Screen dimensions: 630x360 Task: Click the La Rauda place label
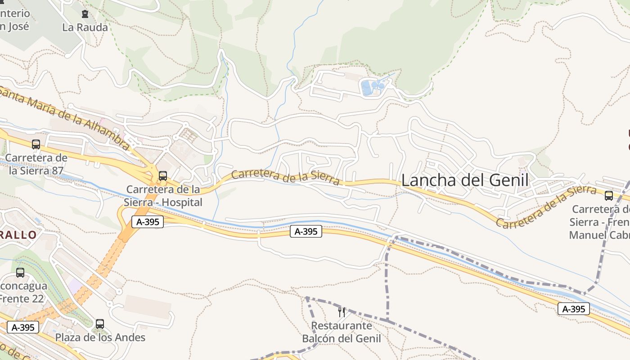85,27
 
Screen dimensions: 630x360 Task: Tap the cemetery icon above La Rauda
85,14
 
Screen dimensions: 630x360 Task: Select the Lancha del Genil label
464,180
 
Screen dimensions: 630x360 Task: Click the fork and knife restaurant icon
342,311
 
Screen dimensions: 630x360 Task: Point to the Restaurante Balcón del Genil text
342,332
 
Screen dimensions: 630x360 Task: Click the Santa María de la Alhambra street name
66,116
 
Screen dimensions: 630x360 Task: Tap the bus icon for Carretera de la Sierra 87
36,144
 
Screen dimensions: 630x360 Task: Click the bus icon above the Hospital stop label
163,175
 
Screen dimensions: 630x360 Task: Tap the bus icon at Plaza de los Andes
100,324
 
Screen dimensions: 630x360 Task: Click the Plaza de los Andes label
100,337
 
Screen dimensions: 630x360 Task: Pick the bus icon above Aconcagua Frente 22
20,272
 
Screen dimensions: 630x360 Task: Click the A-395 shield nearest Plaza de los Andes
22,327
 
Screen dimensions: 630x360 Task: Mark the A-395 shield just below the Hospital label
147,221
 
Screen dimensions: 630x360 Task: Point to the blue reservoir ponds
372,87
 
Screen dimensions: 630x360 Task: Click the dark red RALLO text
19,234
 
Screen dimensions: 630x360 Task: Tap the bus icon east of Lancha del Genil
608,195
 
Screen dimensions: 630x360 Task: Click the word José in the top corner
17,26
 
